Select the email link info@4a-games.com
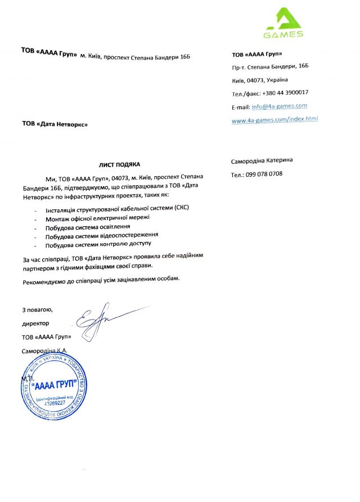(279, 106)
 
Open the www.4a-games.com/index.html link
(274, 119)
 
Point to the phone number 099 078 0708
(264, 174)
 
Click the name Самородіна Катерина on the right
(262, 161)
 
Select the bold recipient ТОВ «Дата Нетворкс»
(55, 123)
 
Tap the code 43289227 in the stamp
(51, 403)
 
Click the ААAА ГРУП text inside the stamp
(55, 388)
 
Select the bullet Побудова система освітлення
(92, 226)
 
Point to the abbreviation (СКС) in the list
(182, 208)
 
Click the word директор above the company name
(35, 324)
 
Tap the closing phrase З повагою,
(37, 310)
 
